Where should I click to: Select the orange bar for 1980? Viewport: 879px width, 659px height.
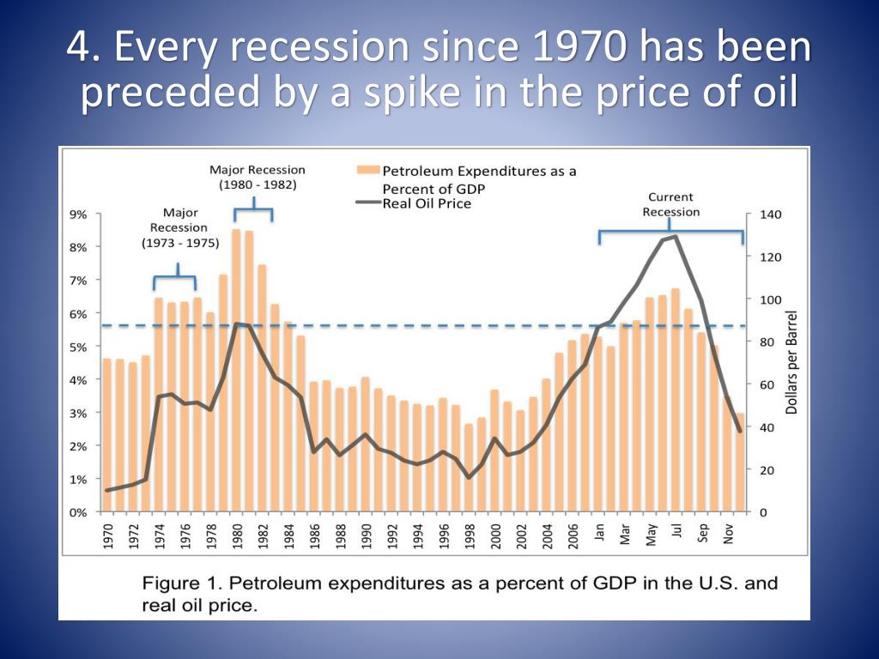[236, 369]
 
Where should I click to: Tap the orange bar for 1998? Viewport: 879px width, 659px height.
[469, 468]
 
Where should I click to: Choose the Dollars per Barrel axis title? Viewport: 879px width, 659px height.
[791, 362]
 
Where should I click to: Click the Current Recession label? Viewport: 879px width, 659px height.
[671, 204]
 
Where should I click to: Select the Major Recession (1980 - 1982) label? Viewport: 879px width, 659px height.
[257, 177]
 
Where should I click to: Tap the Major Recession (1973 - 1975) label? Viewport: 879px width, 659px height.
[179, 227]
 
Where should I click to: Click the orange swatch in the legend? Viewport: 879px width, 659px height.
[367, 171]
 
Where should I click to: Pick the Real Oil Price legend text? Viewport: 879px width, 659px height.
[427, 203]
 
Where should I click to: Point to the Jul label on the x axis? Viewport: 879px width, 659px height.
[676, 532]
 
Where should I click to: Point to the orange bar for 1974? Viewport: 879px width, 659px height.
[159, 403]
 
